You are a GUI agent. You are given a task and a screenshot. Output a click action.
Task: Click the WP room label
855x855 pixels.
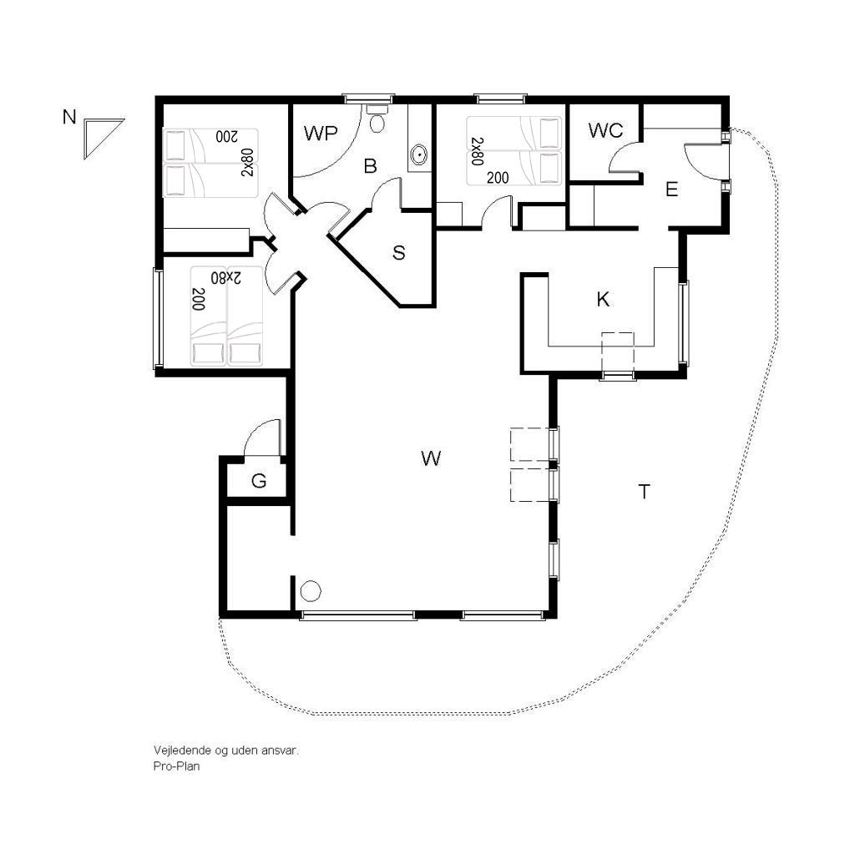point(321,133)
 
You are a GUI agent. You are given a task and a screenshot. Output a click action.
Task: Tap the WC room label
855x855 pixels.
point(605,130)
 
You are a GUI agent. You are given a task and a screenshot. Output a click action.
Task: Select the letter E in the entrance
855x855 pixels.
point(672,190)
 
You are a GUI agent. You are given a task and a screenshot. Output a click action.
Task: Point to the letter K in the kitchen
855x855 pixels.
point(603,299)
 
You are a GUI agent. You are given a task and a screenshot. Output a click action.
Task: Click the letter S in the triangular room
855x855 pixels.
point(398,252)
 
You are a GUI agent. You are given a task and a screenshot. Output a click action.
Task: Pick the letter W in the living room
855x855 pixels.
point(431,458)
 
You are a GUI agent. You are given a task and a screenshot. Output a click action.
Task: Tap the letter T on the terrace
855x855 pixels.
point(644,491)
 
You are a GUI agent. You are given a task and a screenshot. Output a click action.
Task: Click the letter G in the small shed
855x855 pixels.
point(259,481)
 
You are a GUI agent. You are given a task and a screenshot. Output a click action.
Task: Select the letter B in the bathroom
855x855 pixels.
point(370,166)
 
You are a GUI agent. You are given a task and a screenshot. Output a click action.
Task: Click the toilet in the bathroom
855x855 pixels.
point(377,119)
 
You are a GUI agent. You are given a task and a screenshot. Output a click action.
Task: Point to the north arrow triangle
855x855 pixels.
point(100,136)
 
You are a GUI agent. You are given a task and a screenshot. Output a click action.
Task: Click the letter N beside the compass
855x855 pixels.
point(69,117)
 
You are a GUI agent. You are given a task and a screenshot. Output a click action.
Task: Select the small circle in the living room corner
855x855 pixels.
point(311,591)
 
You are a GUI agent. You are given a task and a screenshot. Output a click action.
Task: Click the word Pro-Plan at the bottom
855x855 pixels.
point(176,766)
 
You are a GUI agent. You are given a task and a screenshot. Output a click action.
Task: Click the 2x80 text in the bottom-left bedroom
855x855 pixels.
point(225,277)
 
